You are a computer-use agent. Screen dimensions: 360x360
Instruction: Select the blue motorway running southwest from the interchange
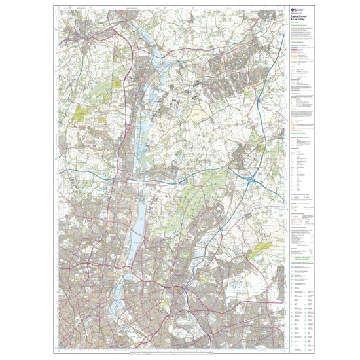point(226,216)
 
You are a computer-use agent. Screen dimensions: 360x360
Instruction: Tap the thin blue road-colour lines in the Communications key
point(296,47)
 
